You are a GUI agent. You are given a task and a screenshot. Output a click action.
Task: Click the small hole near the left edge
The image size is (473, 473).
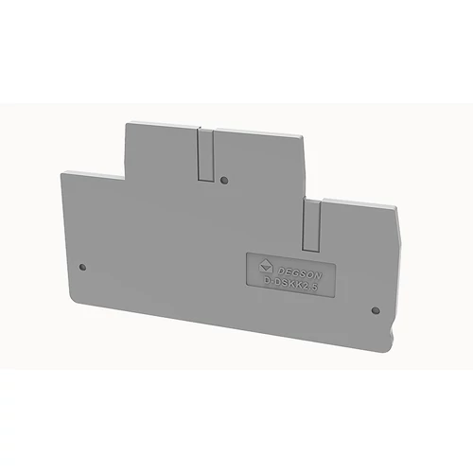click(83, 267)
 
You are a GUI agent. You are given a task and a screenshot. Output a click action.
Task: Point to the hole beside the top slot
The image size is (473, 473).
click(223, 178)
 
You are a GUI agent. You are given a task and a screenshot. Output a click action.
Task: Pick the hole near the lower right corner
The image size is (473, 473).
click(375, 309)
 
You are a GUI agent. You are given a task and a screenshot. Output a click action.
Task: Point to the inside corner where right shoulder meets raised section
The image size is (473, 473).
click(305, 197)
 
